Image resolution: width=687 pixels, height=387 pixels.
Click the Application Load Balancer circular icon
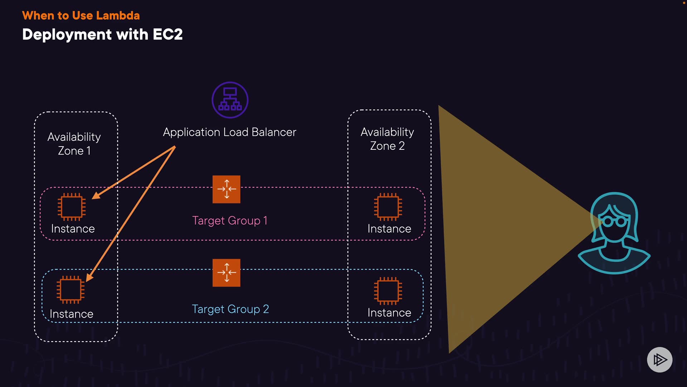[x=230, y=100]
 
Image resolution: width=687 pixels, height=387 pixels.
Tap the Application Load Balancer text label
[x=229, y=132]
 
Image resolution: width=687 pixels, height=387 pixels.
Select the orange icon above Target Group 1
[x=226, y=189]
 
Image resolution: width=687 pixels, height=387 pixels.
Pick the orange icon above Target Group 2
[x=226, y=273]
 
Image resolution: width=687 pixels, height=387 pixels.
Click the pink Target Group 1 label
[x=230, y=220]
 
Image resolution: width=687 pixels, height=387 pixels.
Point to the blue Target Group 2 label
[x=230, y=309]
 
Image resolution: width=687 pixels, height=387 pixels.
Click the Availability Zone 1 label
[x=74, y=144]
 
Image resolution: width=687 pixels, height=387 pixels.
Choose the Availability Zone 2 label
[x=387, y=139]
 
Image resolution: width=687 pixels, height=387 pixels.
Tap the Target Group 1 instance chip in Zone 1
[x=72, y=207]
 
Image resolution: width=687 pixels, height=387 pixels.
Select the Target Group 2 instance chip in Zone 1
[x=70, y=290]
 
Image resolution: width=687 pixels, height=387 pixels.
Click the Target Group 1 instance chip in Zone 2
[x=388, y=207]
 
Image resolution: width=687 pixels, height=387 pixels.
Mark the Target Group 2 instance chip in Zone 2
[x=388, y=291]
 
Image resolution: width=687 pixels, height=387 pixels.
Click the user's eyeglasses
[x=614, y=221]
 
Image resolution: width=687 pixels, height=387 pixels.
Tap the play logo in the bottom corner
[x=659, y=359]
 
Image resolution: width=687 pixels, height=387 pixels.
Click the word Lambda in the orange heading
[x=118, y=15]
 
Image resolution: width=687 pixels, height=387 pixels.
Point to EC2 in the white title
[x=167, y=34]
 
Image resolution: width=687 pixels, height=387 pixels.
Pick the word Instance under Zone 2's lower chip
[x=389, y=313]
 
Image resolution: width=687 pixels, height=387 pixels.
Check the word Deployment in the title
[x=67, y=34]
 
